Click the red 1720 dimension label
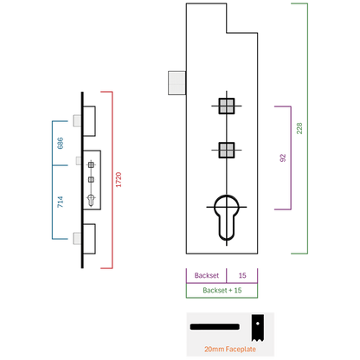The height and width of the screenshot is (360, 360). click(x=119, y=179)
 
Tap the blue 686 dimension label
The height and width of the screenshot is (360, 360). click(x=60, y=143)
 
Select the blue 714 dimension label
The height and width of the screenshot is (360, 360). click(x=60, y=202)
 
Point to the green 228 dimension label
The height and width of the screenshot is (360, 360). click(x=299, y=128)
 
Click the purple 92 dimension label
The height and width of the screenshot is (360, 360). click(x=283, y=157)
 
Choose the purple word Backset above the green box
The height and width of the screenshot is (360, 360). click(x=207, y=275)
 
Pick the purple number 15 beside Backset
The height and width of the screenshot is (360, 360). click(x=242, y=275)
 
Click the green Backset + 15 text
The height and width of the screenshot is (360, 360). click(x=222, y=290)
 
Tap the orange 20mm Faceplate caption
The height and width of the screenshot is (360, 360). click(x=230, y=349)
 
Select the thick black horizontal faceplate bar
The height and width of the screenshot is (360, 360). click(x=215, y=327)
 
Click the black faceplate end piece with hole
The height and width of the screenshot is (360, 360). click(x=257, y=328)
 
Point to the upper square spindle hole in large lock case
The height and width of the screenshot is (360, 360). click(x=227, y=106)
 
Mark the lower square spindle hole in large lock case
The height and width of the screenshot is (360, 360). click(x=227, y=151)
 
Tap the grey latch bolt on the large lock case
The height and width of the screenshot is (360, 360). click(x=177, y=83)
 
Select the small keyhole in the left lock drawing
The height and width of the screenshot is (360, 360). click(x=91, y=201)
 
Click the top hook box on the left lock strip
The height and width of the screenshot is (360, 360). click(x=89, y=121)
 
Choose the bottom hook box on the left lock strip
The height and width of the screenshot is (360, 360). click(x=89, y=239)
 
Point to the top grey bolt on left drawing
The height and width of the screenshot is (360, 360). click(x=77, y=120)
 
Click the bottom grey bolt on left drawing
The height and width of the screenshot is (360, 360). click(x=77, y=238)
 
